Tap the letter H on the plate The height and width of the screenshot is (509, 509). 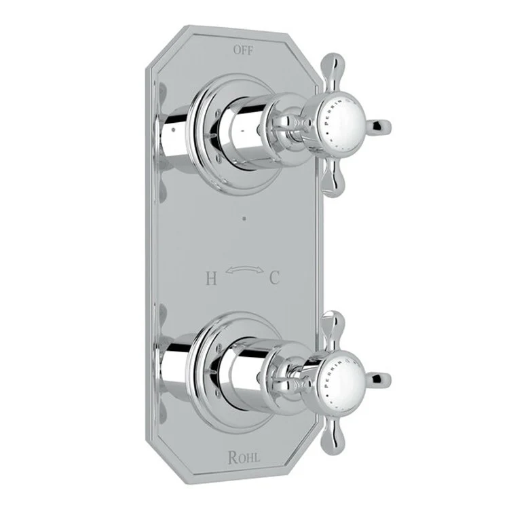210,278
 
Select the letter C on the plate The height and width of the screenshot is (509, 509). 275,278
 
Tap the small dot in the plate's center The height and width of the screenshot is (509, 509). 242,219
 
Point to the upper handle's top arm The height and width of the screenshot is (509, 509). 333,75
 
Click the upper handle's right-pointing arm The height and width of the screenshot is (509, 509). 379,126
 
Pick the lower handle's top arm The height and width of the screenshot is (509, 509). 332,327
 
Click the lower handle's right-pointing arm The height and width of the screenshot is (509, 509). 379,377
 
